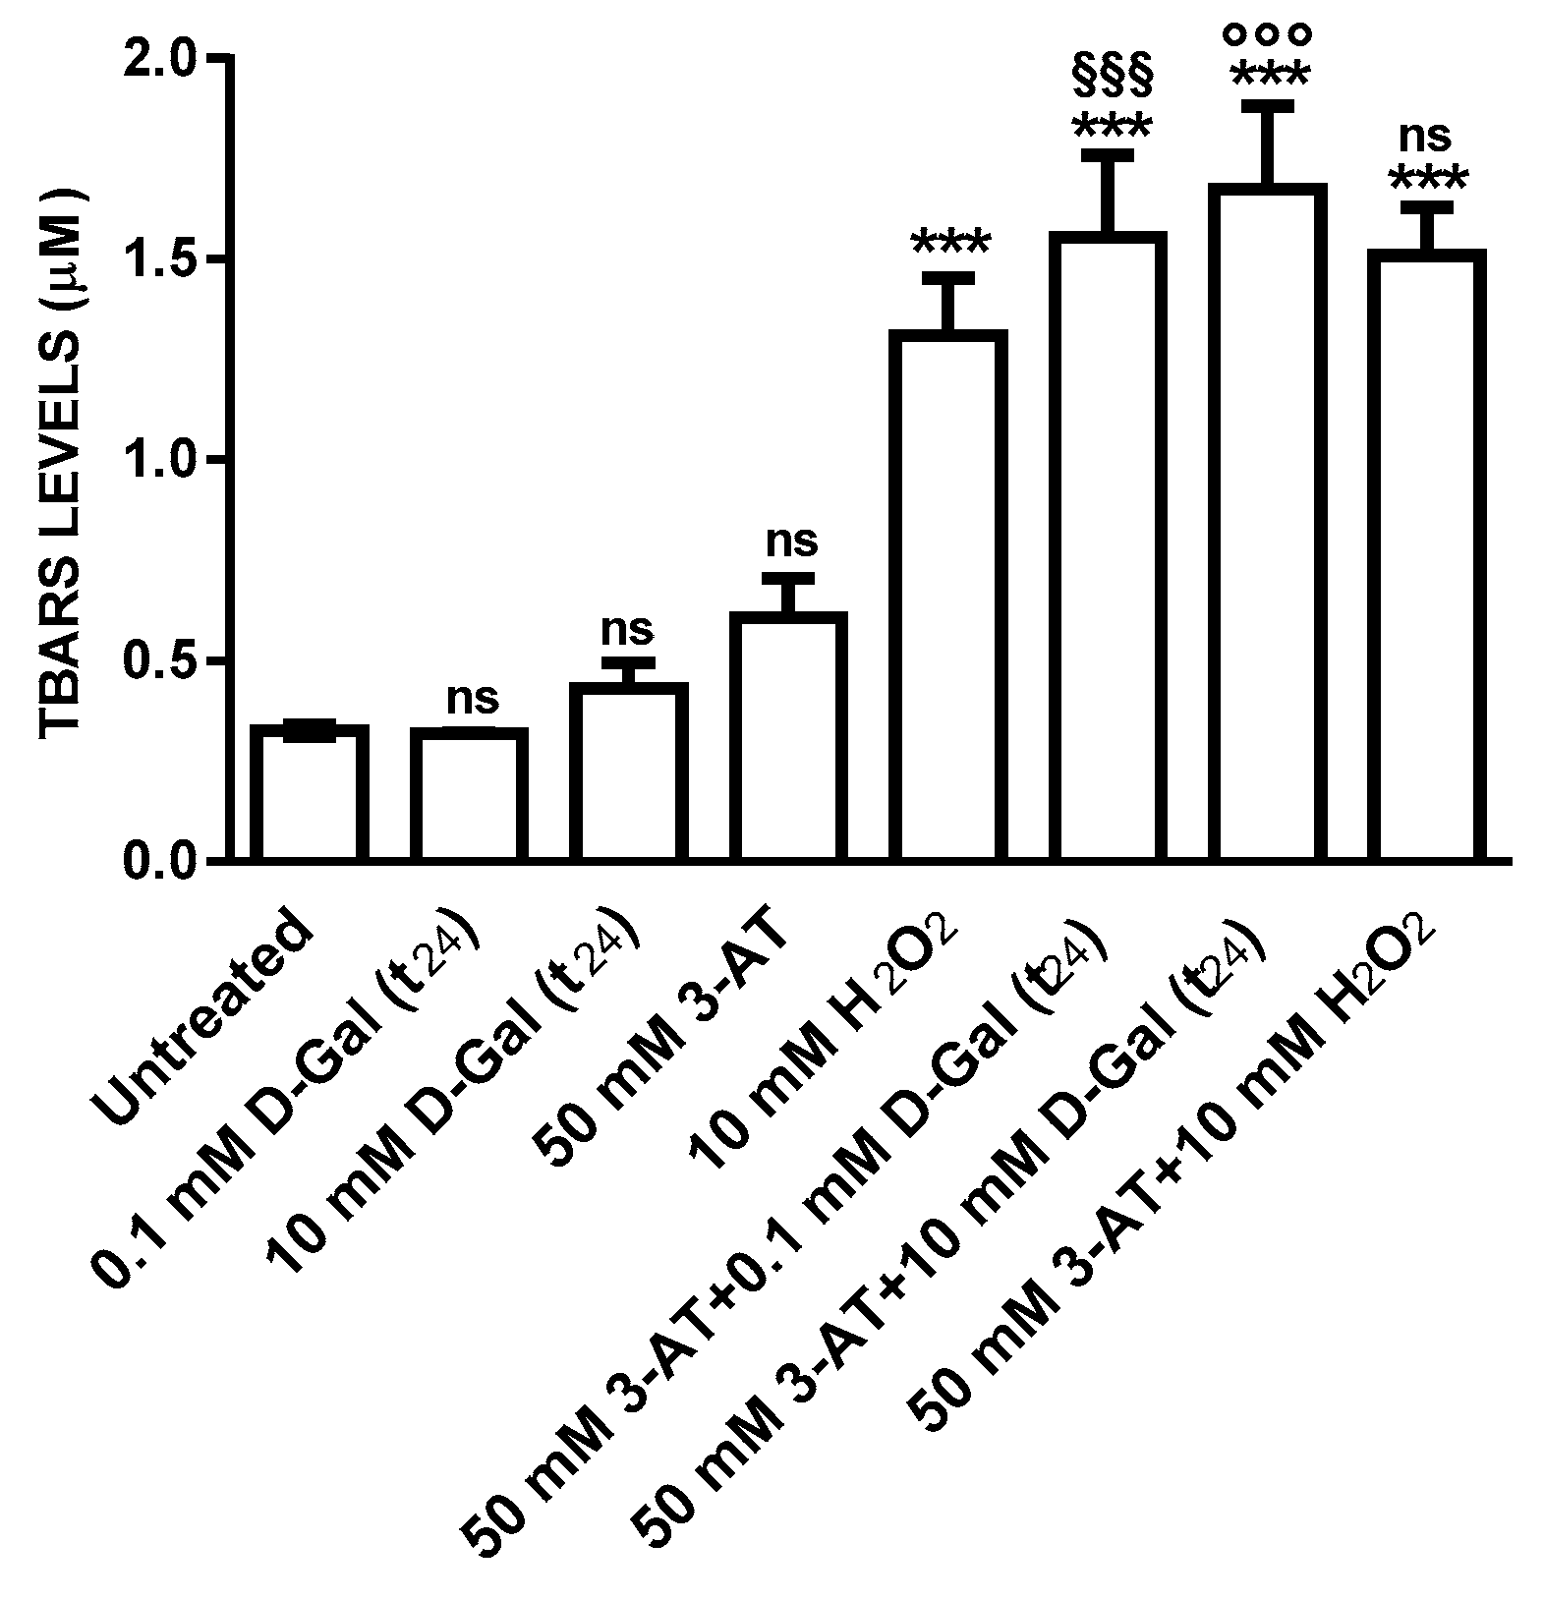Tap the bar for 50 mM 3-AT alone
tap(788, 737)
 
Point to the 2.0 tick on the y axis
tap(172, 59)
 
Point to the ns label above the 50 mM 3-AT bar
tap(791, 541)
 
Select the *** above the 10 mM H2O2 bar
tap(950, 242)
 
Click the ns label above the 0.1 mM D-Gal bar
tap(473, 698)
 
